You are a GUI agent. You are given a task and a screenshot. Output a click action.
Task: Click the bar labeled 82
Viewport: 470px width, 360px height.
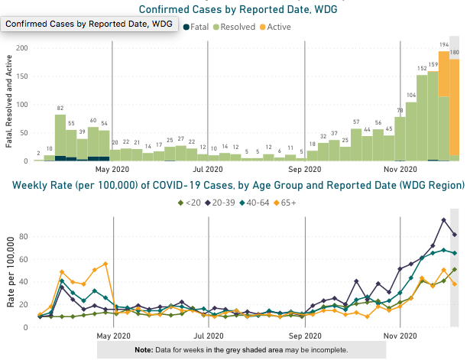point(60,138)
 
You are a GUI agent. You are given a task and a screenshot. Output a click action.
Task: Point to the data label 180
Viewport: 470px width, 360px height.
point(454,52)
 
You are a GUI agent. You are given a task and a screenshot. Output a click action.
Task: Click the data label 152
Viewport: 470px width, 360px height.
point(422,68)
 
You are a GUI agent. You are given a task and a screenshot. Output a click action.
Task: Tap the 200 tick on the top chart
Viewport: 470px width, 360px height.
point(22,48)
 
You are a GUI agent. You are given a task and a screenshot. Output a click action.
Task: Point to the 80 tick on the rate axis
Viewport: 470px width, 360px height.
point(24,236)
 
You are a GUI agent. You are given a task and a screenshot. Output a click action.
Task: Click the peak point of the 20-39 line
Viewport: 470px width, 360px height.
point(444,220)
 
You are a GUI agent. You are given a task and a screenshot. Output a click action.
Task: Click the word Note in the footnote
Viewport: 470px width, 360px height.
point(144,349)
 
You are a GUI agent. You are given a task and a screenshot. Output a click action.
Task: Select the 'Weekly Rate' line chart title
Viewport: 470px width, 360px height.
point(235,186)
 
